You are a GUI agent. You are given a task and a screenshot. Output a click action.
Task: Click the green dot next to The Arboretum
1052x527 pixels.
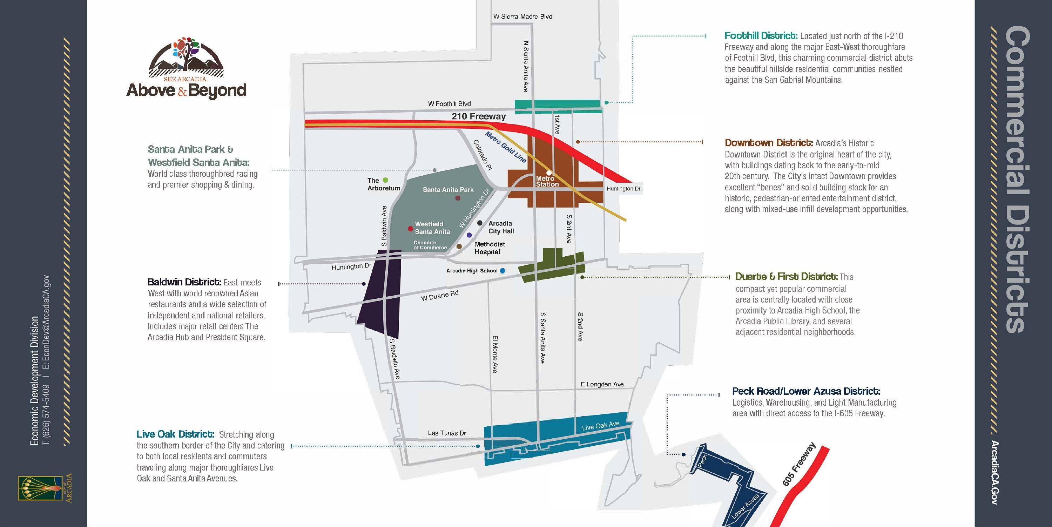tap(385, 180)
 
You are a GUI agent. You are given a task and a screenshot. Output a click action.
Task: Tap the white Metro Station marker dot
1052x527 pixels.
tap(549, 173)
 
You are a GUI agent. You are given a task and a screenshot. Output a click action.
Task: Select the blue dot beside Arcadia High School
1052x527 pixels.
tap(502, 271)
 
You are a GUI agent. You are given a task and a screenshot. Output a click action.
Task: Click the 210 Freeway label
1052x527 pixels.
tap(479, 116)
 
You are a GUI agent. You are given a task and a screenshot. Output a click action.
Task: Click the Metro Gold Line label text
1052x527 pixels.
tap(505, 147)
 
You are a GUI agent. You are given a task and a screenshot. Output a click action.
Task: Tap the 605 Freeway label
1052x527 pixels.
tap(798, 464)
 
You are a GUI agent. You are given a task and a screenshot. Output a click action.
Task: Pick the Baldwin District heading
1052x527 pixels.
tap(184, 282)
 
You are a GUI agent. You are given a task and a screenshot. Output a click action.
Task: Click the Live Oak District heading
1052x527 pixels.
tap(175, 434)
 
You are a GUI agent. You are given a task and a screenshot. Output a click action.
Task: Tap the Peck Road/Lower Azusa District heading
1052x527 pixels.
tap(806, 391)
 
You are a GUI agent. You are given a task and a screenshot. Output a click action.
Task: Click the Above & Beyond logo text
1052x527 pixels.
tap(186, 90)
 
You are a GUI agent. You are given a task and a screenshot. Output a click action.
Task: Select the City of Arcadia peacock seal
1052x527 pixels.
tap(40, 488)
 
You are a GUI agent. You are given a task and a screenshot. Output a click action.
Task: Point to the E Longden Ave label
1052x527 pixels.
tap(602, 384)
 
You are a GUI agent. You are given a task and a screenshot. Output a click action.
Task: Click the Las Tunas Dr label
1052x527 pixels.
tap(447, 433)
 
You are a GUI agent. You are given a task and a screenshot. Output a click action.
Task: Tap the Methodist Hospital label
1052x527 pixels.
tap(489, 248)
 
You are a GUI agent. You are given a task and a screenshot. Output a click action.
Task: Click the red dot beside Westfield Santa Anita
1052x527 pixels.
tap(410, 229)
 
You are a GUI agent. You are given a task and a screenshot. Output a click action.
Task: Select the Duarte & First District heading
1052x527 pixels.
tap(786, 276)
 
